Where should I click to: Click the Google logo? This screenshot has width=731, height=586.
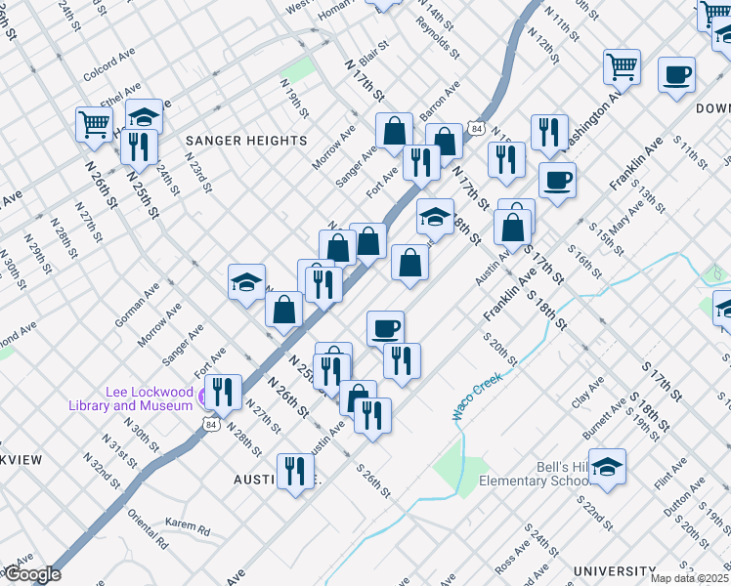click(31, 574)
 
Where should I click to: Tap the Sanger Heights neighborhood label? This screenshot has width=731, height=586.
click(246, 141)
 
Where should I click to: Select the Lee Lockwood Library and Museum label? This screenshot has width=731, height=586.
click(131, 398)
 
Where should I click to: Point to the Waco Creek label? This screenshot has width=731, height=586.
click(477, 396)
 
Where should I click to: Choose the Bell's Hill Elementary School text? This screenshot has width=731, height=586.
click(533, 474)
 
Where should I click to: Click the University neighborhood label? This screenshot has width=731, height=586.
click(614, 571)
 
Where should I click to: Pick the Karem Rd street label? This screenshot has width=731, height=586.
click(188, 528)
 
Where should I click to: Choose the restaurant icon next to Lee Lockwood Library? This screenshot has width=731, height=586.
click(223, 393)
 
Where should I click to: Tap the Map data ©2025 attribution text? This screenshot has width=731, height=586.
click(690, 578)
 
